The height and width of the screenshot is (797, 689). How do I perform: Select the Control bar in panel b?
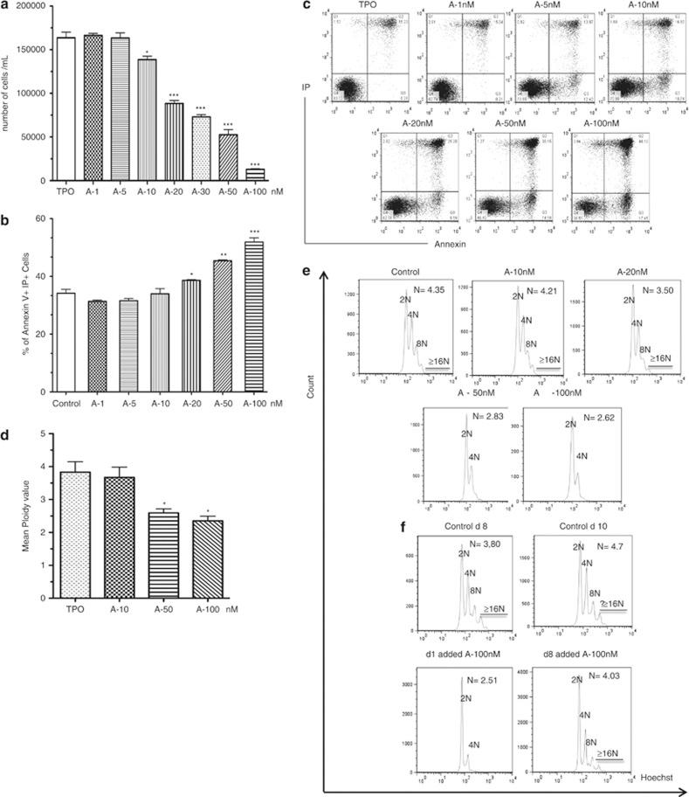[65, 332]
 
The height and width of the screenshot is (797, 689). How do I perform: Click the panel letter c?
[307, 6]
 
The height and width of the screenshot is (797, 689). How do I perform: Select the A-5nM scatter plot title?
[532, 6]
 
